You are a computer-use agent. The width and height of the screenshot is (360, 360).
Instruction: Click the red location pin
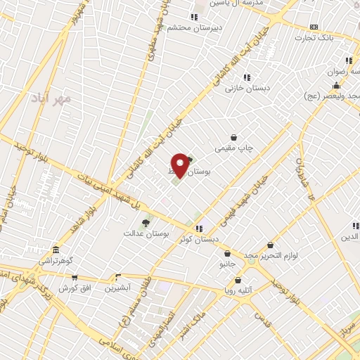pyautogui.click(x=180, y=165)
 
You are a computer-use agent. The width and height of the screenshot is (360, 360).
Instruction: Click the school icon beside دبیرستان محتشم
pyautogui.click(x=194, y=17)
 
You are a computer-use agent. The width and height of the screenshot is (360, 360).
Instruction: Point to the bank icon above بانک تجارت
pyautogui.click(x=314, y=27)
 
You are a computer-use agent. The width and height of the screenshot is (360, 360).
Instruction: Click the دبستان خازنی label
pyautogui.click(x=247, y=89)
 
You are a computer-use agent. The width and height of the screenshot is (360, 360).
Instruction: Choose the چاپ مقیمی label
pyautogui.click(x=234, y=149)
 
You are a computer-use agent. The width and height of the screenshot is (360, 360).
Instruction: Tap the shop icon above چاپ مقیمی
pyautogui.click(x=233, y=138)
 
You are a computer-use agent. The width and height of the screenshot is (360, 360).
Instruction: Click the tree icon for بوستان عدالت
pyautogui.click(x=146, y=223)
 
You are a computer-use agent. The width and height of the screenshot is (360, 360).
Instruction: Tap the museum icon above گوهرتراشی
pyautogui.click(x=56, y=250)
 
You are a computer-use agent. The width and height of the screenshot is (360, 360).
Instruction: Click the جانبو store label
pyautogui.click(x=227, y=264)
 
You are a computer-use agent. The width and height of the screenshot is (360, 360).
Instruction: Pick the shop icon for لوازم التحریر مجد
pyautogui.click(x=271, y=245)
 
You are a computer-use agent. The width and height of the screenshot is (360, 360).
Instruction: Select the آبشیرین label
pyautogui.click(x=118, y=288)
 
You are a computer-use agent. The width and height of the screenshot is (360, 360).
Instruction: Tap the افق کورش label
pyautogui.click(x=72, y=288)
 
